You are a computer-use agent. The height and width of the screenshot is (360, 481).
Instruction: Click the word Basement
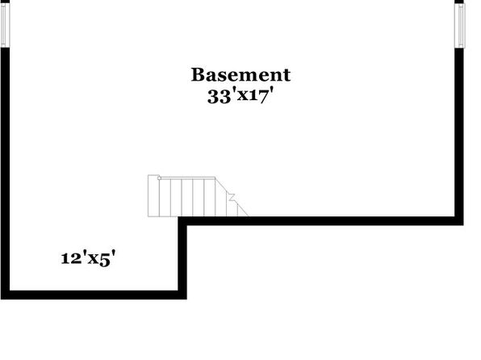(x=240, y=75)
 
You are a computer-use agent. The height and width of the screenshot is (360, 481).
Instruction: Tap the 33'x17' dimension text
(x=240, y=96)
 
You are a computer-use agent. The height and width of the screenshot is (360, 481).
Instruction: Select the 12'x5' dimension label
(x=88, y=258)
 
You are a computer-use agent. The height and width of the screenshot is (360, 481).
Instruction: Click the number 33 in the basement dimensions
(x=219, y=97)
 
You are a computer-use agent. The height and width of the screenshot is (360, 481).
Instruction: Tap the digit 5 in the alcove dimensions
(x=105, y=259)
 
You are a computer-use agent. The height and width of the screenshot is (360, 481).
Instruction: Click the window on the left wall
(x=6, y=25)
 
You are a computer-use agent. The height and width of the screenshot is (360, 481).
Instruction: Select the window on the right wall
(x=460, y=26)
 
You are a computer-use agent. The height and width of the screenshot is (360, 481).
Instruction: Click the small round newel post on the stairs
(x=159, y=178)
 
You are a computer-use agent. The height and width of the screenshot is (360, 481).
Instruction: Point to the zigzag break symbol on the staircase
(x=232, y=197)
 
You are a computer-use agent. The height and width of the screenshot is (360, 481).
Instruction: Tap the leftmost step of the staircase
(x=153, y=196)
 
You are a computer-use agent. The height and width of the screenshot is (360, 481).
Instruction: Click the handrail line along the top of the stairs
(x=188, y=177)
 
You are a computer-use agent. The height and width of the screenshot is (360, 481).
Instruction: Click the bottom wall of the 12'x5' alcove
(x=94, y=295)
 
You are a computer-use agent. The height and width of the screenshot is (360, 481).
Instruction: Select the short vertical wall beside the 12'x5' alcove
(x=182, y=257)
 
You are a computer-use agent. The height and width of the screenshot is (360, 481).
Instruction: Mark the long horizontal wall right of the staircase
(x=320, y=221)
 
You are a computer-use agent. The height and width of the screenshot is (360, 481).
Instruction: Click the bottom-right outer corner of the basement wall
(x=463, y=225)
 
